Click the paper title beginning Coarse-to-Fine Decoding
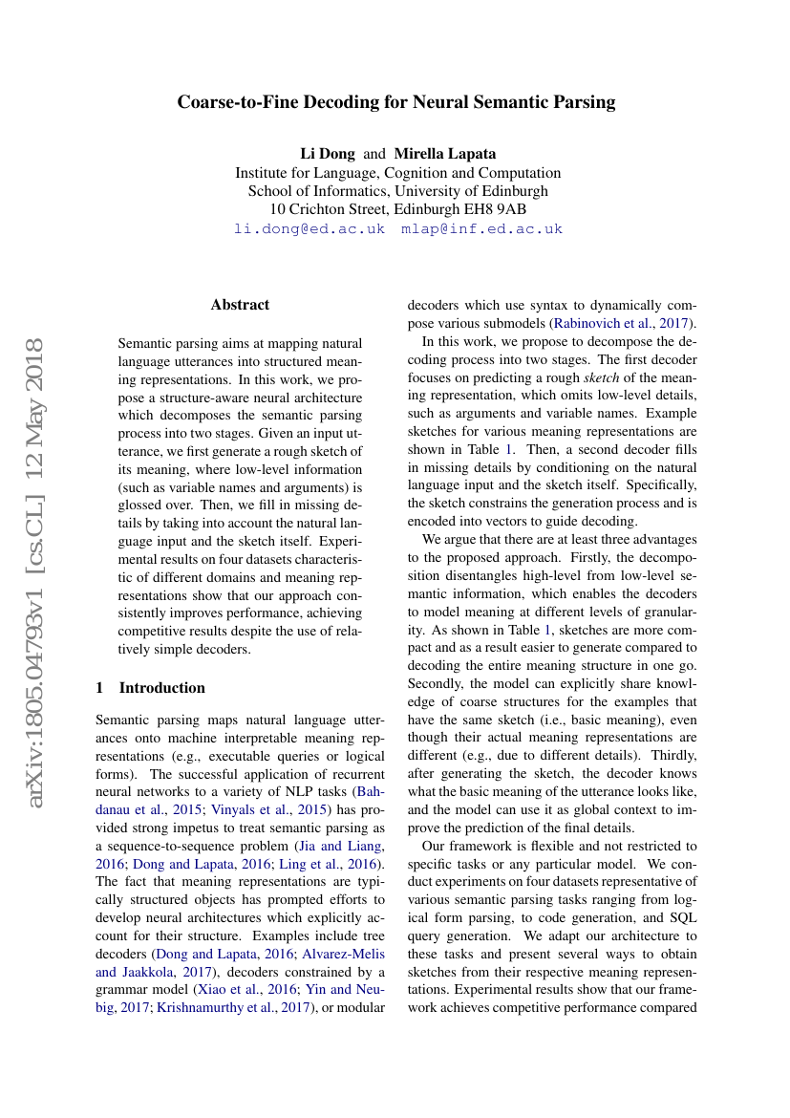[395, 102]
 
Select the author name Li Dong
[328, 154]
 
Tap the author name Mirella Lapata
[445, 154]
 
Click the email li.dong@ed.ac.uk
[310, 229]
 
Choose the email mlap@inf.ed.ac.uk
[481, 229]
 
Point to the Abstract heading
[240, 305]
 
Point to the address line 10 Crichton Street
[397, 209]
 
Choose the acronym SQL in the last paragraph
[682, 917]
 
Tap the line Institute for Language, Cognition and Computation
[397, 173]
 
